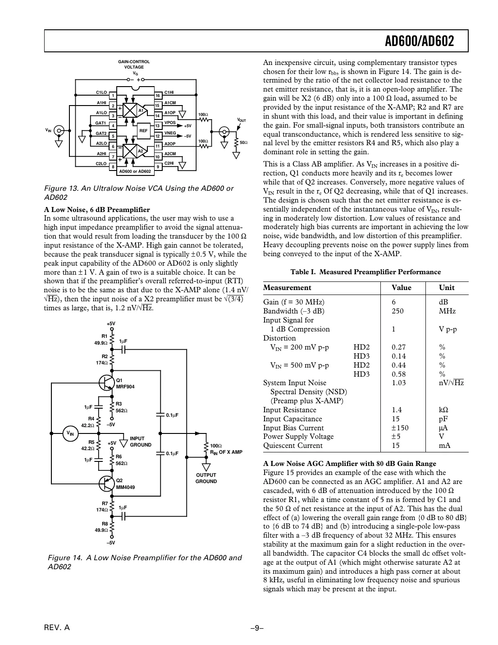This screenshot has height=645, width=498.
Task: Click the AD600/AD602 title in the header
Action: tap(419, 42)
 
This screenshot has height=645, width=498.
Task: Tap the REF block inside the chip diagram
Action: tap(143, 131)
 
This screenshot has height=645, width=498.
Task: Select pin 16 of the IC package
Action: tap(158, 96)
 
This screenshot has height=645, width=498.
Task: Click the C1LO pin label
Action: tap(101, 92)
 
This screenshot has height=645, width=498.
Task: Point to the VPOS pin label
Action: tap(170, 123)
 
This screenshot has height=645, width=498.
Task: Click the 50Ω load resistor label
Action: tap(243, 143)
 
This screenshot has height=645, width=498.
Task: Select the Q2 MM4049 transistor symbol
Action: tap(106, 483)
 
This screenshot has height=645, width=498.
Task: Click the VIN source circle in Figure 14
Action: tap(70, 433)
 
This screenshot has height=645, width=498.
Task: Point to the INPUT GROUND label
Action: tap(140, 442)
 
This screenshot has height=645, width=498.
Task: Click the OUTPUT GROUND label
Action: tap(206, 478)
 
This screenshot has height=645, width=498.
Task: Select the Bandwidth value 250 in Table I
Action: tap(397, 311)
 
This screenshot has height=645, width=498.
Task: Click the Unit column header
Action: tap(447, 288)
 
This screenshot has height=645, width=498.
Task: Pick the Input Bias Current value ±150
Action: tap(399, 428)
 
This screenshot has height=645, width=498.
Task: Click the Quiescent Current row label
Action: tap(293, 446)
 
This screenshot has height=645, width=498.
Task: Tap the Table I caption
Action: tap(366, 272)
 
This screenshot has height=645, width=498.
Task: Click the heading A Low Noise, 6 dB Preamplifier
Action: tap(97, 209)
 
